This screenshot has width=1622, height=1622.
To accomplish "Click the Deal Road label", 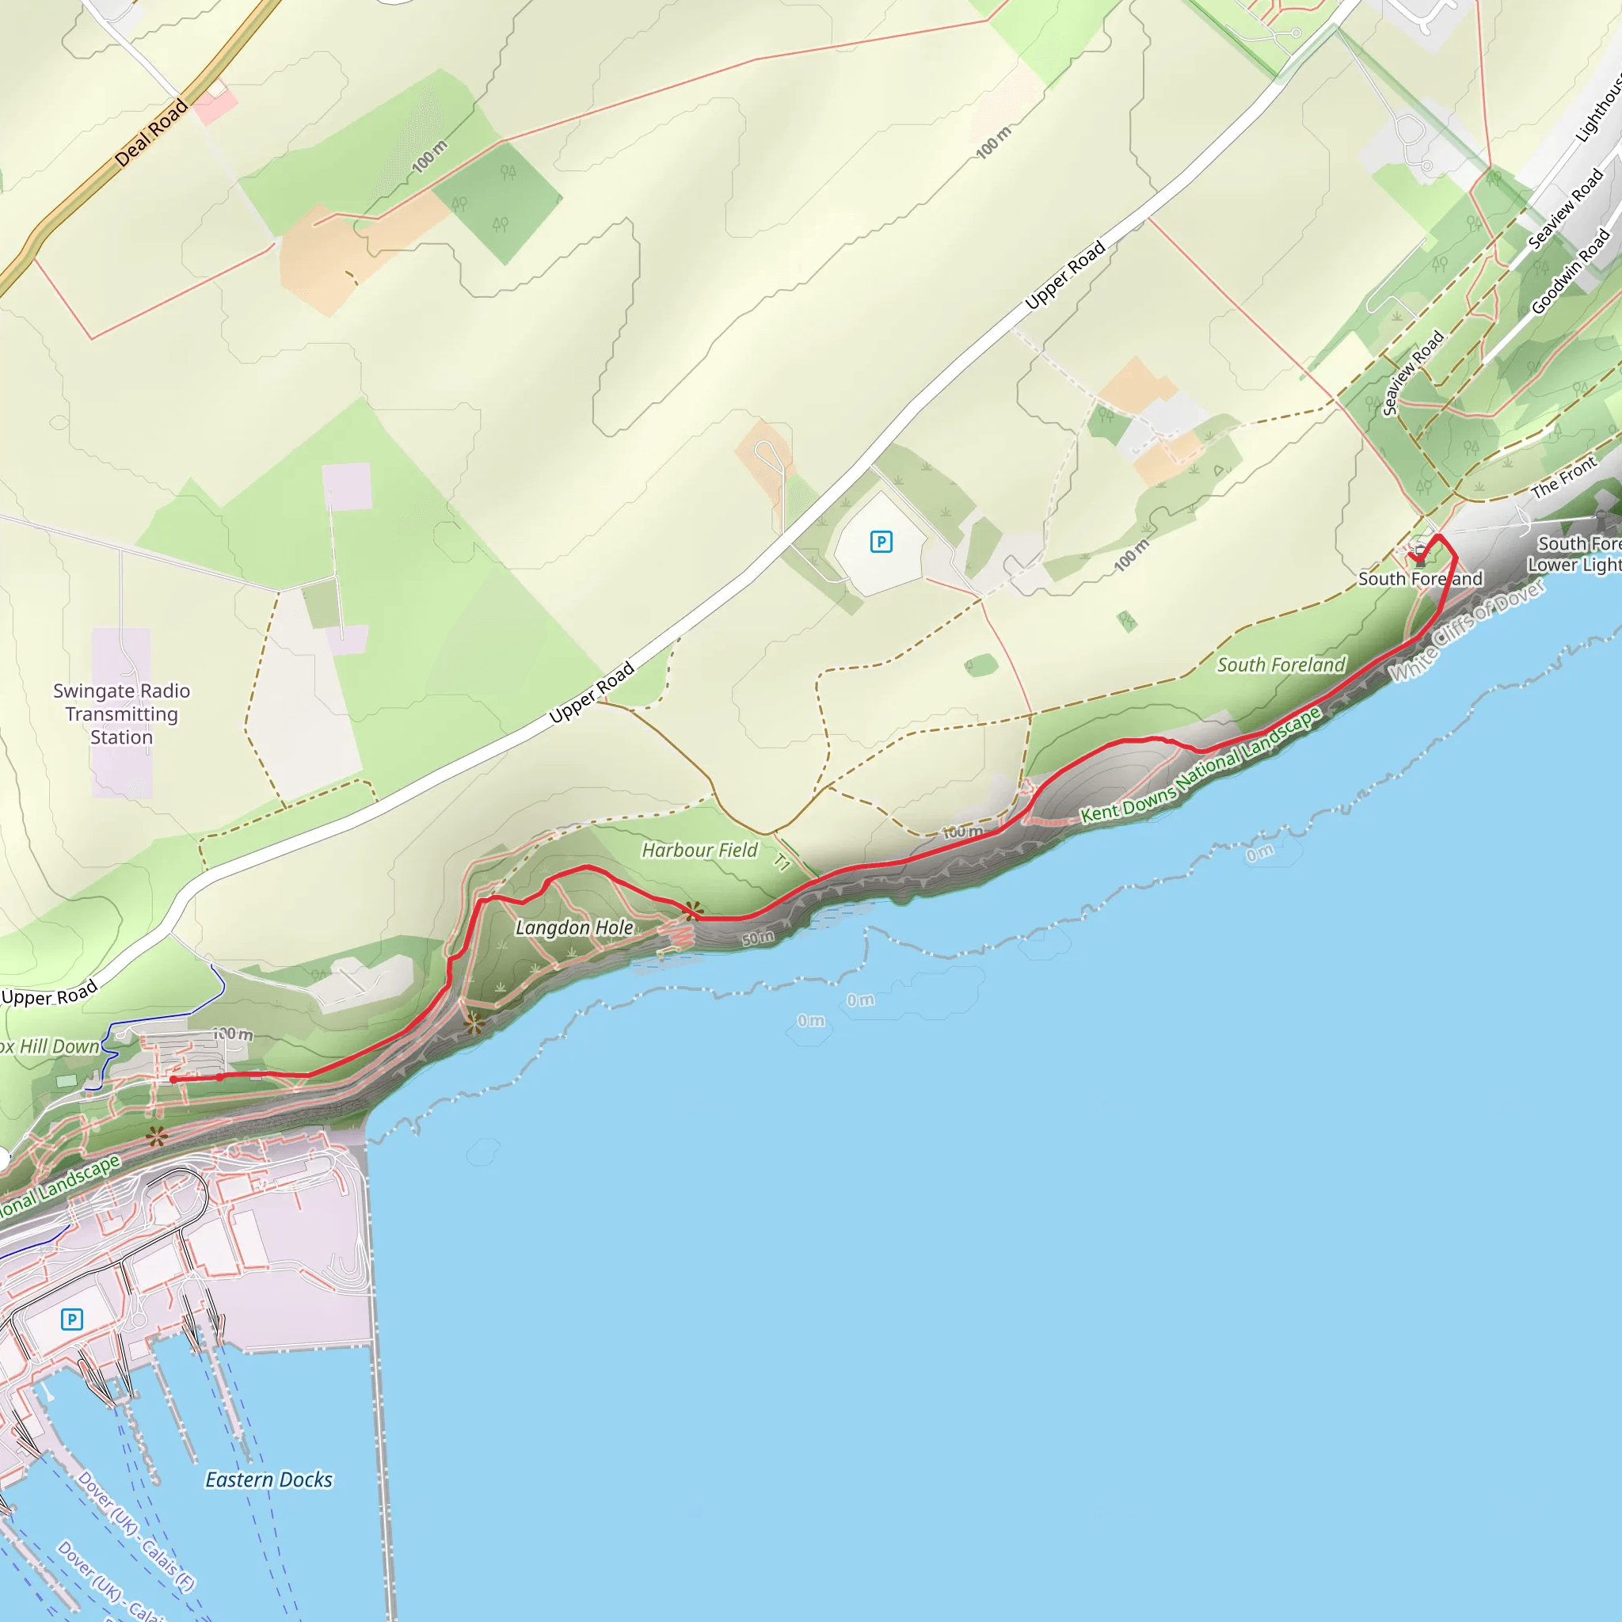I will pos(151,132).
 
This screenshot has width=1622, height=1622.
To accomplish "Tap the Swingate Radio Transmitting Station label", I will pos(122,714).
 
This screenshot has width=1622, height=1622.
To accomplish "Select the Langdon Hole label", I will pos(574,927).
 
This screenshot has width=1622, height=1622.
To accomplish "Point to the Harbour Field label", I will pos(699,851).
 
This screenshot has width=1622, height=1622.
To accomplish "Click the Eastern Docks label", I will pos(268,1479).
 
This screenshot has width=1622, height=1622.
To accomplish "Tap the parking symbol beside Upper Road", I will pos(881,542).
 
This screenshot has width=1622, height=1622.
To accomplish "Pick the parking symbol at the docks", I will pos(72,1319).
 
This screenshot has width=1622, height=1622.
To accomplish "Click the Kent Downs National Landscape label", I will pos(1201,765).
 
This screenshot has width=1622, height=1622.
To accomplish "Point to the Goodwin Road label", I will pos(1570,270).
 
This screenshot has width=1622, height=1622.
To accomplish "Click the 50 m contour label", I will pos(758,938).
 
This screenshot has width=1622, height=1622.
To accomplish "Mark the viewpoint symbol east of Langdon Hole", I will pos(694,910).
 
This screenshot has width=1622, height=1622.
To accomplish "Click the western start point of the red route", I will pos(173,1079).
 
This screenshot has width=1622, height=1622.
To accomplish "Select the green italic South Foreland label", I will pos(1281,665).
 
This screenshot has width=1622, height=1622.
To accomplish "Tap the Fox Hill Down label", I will pos(51,1047).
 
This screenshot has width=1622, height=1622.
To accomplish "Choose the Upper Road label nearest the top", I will pos(1064,275).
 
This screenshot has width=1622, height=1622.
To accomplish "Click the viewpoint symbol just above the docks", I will pos(157,1137).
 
